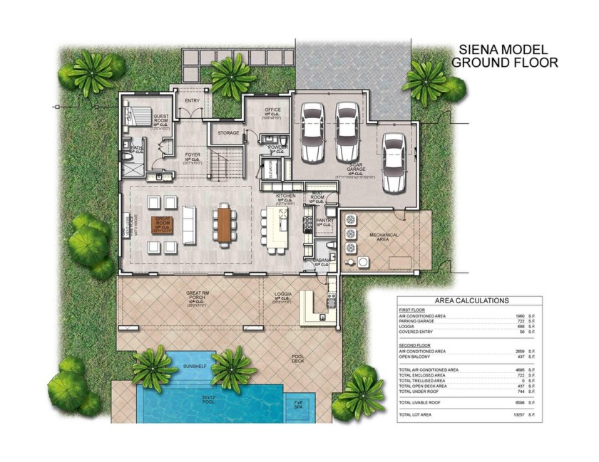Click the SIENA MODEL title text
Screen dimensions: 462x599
click(503, 50)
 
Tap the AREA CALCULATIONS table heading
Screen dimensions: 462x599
click(471, 300)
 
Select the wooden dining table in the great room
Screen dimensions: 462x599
click(223, 223)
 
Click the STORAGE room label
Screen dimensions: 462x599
click(228, 133)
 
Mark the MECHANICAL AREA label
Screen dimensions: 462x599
click(383, 236)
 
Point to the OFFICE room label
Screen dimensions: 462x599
click(273, 110)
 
